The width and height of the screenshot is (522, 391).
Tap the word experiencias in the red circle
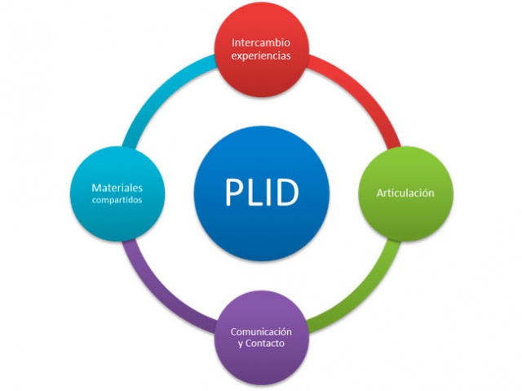click(261, 56)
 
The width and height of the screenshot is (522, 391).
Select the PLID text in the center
click(261, 193)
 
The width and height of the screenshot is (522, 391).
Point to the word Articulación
click(405, 193)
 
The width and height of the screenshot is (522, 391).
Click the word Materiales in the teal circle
click(117, 189)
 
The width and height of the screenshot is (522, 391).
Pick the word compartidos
click(117, 201)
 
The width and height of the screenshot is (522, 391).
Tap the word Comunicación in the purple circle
click(261, 332)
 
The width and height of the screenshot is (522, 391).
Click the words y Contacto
click(261, 346)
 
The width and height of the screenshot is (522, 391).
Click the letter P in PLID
click(232, 193)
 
